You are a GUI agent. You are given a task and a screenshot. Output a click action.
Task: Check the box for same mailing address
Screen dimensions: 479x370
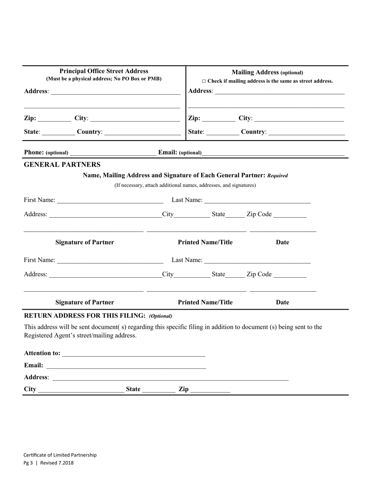pos(203,81)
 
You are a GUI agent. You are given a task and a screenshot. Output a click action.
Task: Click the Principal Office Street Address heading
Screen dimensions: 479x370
pos(104,71)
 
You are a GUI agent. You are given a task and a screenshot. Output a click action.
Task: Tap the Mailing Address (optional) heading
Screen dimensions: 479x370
pos(267,72)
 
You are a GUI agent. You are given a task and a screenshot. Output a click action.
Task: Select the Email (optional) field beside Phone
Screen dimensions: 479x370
pos(273,153)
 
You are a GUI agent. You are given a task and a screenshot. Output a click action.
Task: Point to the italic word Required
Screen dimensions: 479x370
pos(278,176)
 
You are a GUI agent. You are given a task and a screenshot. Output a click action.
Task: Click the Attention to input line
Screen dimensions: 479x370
pos(133,354)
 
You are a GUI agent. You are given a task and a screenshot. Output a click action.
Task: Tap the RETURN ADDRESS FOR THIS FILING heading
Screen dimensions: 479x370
pos(85,315)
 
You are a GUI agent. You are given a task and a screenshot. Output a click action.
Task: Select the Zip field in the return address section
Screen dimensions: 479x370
pos(210,390)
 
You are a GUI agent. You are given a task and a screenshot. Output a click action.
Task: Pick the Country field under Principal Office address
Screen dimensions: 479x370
pos(143,132)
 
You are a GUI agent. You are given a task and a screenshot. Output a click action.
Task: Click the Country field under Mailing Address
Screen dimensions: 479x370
pos(307,132)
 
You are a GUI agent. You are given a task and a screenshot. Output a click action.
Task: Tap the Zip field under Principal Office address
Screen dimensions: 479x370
pos(55,119)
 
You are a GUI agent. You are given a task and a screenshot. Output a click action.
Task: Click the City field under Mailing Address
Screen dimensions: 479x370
pos(299,119)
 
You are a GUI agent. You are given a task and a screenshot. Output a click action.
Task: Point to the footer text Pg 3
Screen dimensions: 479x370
pos(28,463)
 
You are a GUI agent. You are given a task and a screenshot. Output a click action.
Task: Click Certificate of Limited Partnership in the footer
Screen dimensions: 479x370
pos(60,455)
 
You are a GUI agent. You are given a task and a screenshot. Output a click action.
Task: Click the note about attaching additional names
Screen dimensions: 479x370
pos(185,185)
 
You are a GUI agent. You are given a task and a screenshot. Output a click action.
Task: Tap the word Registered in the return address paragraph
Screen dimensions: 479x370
pos(38,335)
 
